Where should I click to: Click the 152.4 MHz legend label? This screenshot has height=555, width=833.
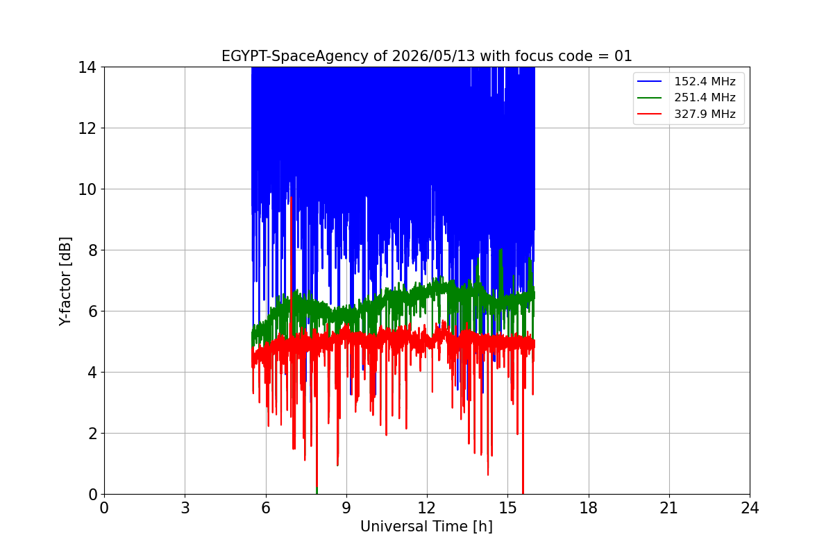tap(705, 81)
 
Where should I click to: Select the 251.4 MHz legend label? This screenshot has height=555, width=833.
tap(705, 97)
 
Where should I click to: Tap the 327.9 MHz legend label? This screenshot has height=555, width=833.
tap(705, 114)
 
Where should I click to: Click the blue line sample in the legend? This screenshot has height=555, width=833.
tap(649, 81)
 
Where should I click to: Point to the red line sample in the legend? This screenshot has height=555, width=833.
tap(649, 114)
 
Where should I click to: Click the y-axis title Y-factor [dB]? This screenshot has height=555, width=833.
tap(65, 281)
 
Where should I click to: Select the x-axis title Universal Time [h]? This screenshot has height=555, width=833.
tap(426, 527)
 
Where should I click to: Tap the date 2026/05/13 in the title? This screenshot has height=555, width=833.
tap(433, 56)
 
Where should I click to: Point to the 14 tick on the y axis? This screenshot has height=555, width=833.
tap(87, 67)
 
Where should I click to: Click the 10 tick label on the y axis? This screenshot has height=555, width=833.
tap(87, 189)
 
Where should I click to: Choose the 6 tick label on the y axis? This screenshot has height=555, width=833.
tap(92, 311)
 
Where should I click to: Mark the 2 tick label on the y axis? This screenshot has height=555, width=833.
tap(92, 433)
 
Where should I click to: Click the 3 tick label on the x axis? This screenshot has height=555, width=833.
tap(185, 508)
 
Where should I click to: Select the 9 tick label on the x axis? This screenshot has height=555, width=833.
tap(346, 508)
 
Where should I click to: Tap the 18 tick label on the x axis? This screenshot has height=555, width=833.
tap(589, 508)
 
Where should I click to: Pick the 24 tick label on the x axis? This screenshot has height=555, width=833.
tap(750, 508)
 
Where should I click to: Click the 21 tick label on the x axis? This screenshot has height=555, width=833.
tap(669, 508)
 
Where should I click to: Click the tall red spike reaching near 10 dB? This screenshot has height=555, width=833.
tap(291, 260)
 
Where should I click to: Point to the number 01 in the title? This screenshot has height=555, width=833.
tap(623, 56)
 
